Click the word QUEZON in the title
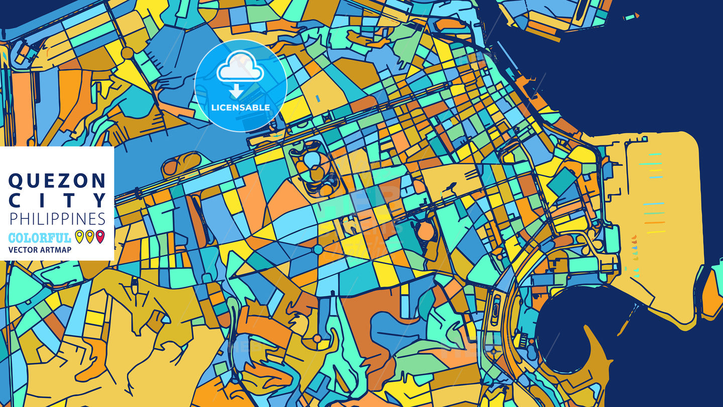pyautogui.click(x=57, y=180)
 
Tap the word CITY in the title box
pyautogui.click(x=57, y=200)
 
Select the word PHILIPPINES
pyautogui.click(x=57, y=219)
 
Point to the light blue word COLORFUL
pyautogui.click(x=40, y=238)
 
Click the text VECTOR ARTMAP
pyautogui.click(x=40, y=250)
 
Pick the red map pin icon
pyautogui.click(x=100, y=236)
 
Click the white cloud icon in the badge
pyautogui.click(x=240, y=70)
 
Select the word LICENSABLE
pyautogui.click(x=240, y=108)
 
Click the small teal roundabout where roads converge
pyautogui.click(x=317, y=250)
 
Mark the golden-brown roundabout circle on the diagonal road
pyautogui.click(x=127, y=53)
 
